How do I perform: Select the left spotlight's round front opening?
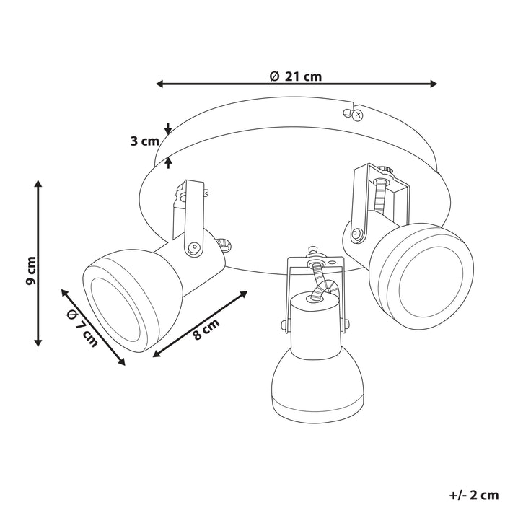[x=116, y=297]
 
